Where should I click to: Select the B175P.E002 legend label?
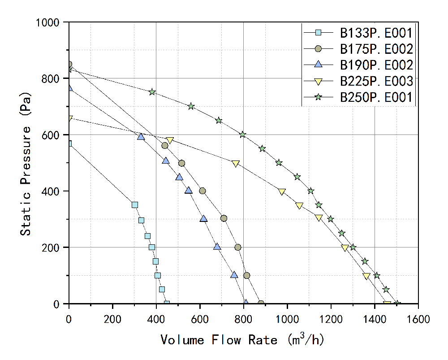[x=375, y=48]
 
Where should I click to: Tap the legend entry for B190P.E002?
[x=375, y=65]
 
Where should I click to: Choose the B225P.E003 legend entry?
[x=375, y=81]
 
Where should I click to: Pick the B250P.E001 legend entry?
[x=375, y=97]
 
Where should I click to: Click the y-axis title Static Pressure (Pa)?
[x=27, y=162]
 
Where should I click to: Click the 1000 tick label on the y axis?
[x=51, y=22]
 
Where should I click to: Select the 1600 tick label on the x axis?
[x=418, y=319]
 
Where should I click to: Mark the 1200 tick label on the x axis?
[x=331, y=319]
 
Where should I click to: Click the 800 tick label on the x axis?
[x=244, y=319]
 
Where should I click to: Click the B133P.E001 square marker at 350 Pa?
[x=135, y=205]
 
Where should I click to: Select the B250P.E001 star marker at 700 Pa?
[x=191, y=106]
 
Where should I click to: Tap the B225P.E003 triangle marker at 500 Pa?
[x=236, y=164]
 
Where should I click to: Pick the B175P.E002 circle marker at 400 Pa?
[x=202, y=191]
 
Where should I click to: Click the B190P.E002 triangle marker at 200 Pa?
[x=217, y=247]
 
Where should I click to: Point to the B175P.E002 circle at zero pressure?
[x=261, y=304]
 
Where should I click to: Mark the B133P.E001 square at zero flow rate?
[x=69, y=143]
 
